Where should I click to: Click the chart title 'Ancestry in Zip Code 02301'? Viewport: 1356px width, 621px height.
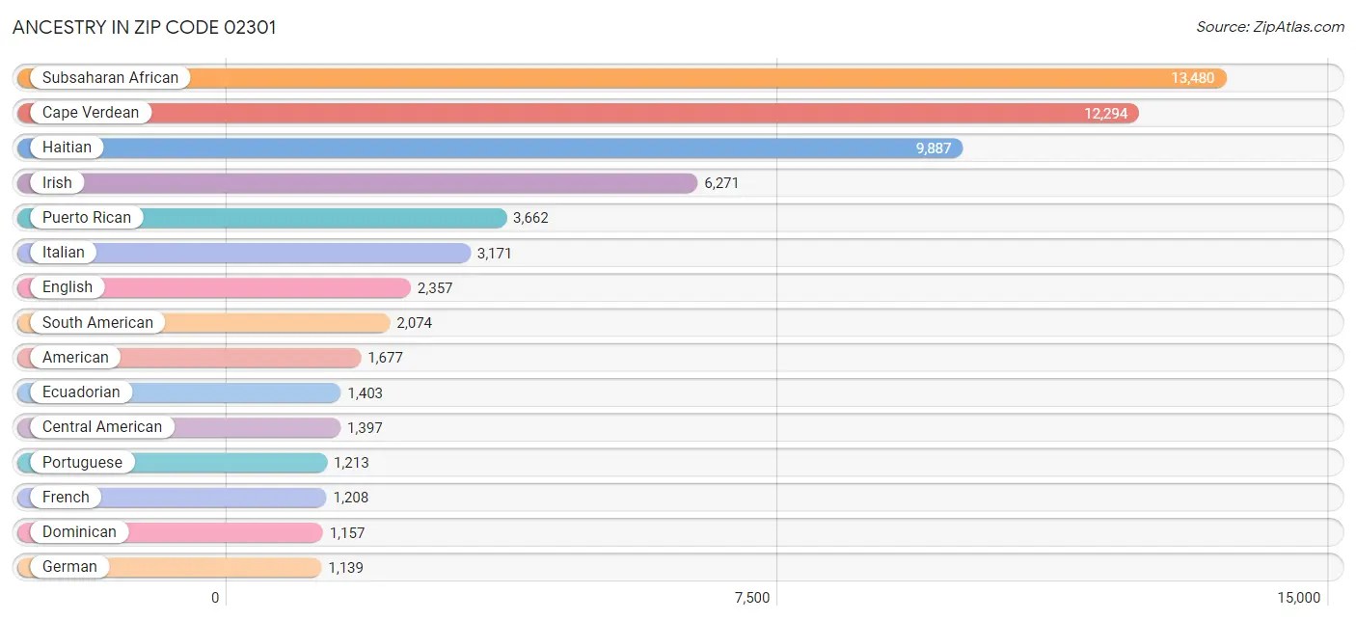click(x=145, y=27)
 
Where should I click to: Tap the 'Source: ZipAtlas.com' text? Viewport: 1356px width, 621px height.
click(x=1269, y=27)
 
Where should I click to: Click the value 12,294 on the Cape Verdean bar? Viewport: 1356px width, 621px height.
click(x=1105, y=113)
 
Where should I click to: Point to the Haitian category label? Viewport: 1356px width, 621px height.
click(x=67, y=148)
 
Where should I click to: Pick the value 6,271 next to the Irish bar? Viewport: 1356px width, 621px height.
click(x=721, y=182)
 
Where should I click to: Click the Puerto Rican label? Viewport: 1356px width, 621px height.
click(x=87, y=217)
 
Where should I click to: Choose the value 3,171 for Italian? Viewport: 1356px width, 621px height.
click(x=494, y=253)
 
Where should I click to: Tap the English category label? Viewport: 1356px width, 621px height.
click(x=68, y=287)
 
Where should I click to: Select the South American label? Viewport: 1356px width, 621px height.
click(x=97, y=322)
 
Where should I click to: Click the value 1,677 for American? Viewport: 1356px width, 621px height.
click(x=385, y=358)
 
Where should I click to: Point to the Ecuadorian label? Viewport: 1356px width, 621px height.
click(x=81, y=392)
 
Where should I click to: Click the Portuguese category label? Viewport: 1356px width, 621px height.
click(x=82, y=462)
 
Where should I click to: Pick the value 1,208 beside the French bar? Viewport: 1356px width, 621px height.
click(x=351, y=498)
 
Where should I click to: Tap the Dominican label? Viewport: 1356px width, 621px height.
click(x=79, y=532)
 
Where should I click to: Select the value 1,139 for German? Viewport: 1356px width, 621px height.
click(x=345, y=567)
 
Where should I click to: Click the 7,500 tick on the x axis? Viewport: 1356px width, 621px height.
click(x=752, y=598)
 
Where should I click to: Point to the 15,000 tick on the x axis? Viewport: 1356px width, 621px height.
click(x=1298, y=598)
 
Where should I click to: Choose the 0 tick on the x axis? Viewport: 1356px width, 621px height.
click(x=215, y=598)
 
